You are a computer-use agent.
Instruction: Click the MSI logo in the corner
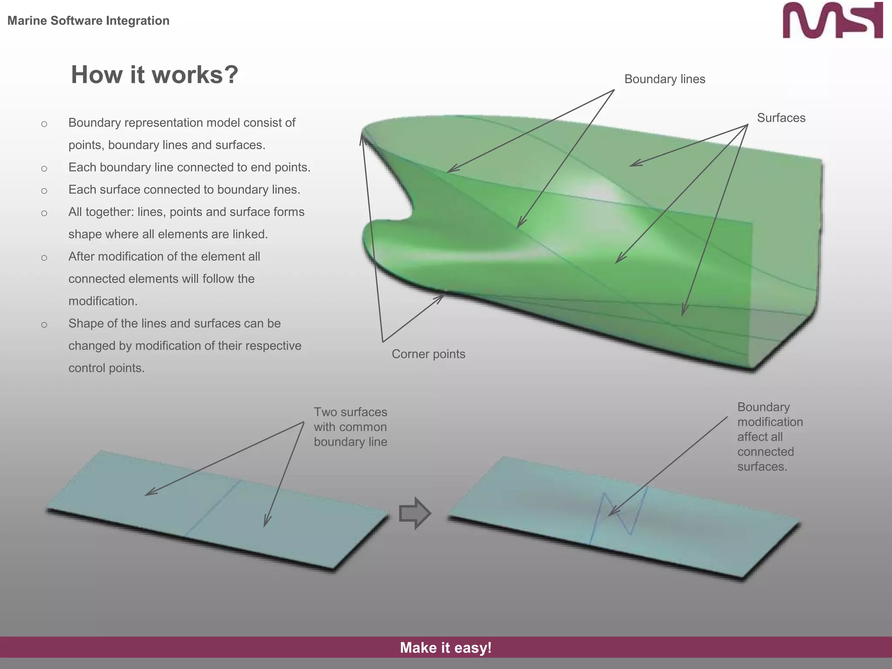click(832, 20)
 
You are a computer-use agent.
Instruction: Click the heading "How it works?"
click(155, 74)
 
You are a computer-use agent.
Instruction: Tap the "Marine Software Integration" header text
click(88, 20)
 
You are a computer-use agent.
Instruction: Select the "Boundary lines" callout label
click(665, 79)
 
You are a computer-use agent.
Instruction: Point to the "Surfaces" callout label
click(781, 118)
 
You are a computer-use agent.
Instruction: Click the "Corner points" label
click(428, 354)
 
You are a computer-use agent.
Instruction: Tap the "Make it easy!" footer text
click(446, 648)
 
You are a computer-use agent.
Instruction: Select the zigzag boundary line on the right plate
click(618, 514)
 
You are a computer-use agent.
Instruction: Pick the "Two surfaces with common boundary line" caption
click(350, 427)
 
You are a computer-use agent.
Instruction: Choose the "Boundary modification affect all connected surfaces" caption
click(770, 437)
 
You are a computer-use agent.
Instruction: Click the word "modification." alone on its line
click(103, 301)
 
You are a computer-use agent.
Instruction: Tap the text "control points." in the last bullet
click(106, 368)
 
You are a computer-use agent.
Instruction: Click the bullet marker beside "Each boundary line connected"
click(44, 169)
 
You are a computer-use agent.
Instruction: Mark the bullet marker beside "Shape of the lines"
click(44, 324)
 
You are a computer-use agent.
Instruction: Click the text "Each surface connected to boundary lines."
click(184, 190)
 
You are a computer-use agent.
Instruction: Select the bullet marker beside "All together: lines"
click(44, 213)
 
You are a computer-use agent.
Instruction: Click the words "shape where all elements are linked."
click(168, 234)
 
